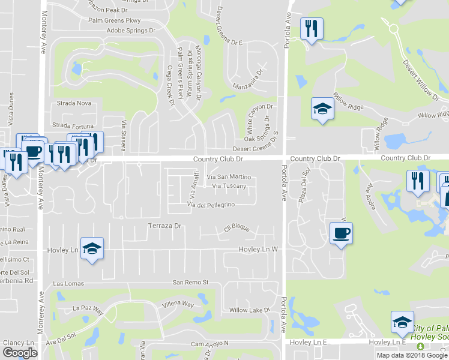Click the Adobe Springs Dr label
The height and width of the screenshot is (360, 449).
tap(130, 30)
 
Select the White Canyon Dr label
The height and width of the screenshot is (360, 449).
tap(259, 116)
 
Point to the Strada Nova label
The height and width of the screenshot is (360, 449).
tap(73, 103)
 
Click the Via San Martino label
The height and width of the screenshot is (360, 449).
tap(229, 177)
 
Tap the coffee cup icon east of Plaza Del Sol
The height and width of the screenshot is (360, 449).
tap(341, 233)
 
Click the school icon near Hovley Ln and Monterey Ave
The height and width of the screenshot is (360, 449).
tap(92, 248)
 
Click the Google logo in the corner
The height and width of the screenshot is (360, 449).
tap(19, 353)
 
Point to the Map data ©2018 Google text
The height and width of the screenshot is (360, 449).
tap(411, 355)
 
